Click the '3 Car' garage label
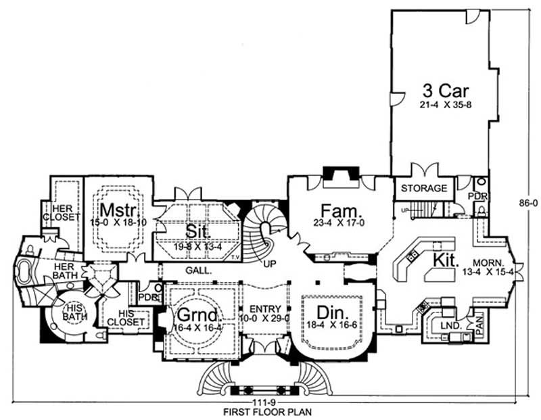[x=446, y=89]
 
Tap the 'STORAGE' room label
[x=425, y=188]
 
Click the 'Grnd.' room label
[x=197, y=316]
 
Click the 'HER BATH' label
[x=68, y=272]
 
